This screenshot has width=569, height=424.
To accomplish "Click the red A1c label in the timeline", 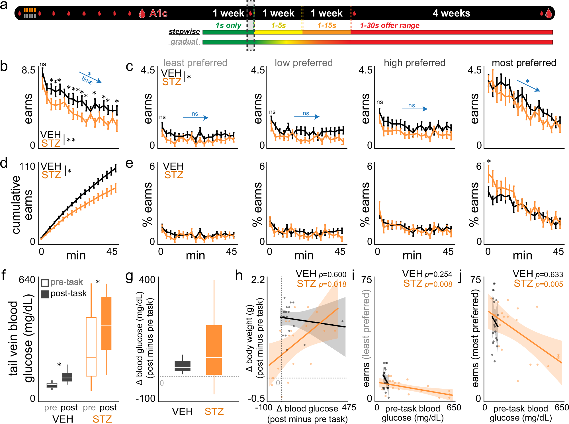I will pyautogui.click(x=158, y=13).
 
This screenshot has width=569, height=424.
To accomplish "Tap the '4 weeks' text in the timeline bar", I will pyautogui.click(x=451, y=13).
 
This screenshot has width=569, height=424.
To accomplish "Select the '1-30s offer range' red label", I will pyautogui.click(x=390, y=26).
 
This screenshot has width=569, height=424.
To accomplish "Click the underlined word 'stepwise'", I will pyautogui.click(x=184, y=32).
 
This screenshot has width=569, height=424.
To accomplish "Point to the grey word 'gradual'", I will pyautogui.click(x=184, y=42).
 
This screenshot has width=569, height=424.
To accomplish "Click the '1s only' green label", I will pyautogui.click(x=228, y=26).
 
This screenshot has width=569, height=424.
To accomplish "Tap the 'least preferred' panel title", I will pyautogui.click(x=195, y=63).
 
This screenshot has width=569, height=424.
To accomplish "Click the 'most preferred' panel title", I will pyautogui.click(x=524, y=63).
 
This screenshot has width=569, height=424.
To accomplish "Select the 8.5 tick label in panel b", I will pyautogui.click(x=28, y=70).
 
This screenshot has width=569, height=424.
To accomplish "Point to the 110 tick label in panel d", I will pyautogui.click(x=27, y=166).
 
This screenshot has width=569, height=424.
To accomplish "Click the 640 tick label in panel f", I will pyautogui.click(x=27, y=280).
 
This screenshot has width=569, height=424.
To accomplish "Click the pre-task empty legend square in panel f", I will pyautogui.click(x=45, y=283).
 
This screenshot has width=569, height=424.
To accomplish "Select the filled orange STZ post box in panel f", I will pyautogui.click(x=106, y=323).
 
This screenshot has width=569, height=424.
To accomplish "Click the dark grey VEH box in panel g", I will pyautogui.click(x=183, y=366).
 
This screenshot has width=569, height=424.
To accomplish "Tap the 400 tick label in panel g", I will pyautogui.click(x=147, y=280).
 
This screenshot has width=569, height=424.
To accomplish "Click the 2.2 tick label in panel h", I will pyautogui.click(x=258, y=280).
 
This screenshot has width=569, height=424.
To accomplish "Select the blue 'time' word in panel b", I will pyautogui.click(x=87, y=80).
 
